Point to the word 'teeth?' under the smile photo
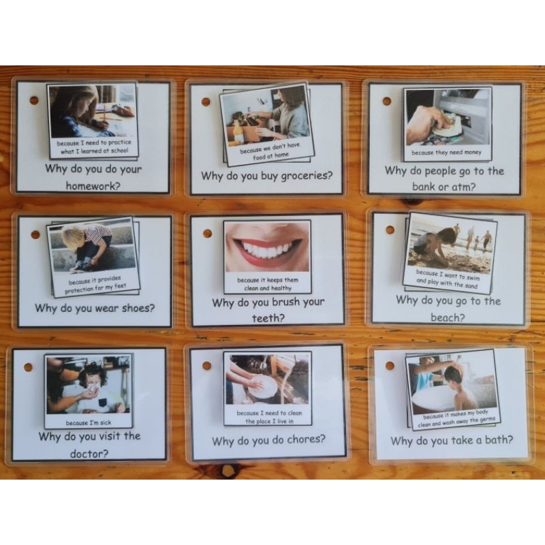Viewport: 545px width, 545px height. (x=268, y=317)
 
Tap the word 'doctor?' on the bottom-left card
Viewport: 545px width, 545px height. (x=89, y=452)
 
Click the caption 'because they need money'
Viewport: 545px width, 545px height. (x=447, y=153)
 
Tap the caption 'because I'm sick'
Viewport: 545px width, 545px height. (x=89, y=422)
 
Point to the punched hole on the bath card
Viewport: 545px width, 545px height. (x=390, y=366)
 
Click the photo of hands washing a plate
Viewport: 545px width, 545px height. (x=267, y=379)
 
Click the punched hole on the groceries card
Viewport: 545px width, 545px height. (x=205, y=102)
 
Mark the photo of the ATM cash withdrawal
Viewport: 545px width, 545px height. (x=447, y=118)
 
